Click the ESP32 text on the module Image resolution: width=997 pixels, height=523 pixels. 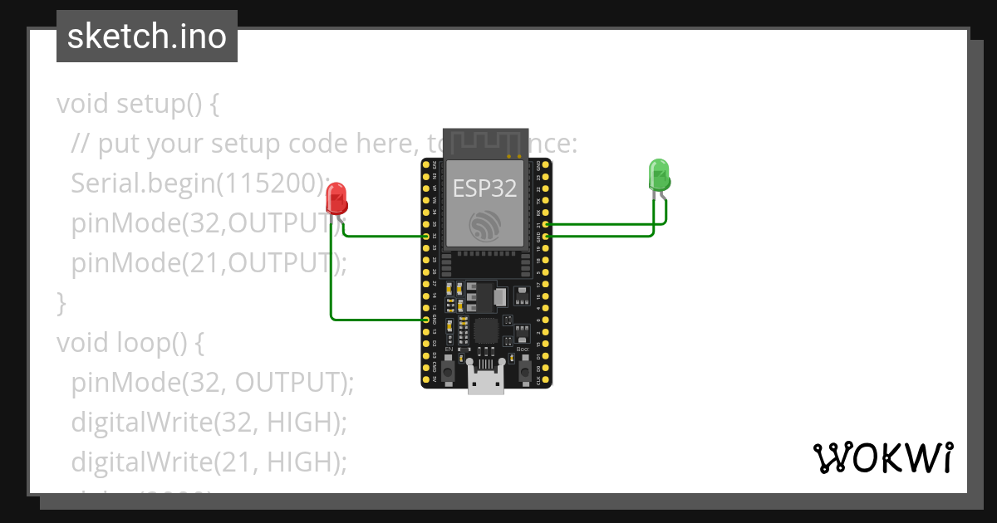[484, 188]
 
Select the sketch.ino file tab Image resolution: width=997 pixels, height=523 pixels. [147, 37]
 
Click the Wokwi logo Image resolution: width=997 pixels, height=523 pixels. [882, 457]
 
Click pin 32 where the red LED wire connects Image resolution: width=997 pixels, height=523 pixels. [426, 237]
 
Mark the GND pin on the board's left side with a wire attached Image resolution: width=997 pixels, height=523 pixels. [426, 320]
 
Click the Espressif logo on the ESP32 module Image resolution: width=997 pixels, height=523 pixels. [485, 225]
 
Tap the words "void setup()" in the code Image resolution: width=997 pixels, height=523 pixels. [137, 105]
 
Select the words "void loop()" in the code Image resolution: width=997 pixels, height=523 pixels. [130, 342]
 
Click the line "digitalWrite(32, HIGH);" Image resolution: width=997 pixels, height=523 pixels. [208, 422]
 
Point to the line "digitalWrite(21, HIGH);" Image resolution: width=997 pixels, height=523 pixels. [208, 461]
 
